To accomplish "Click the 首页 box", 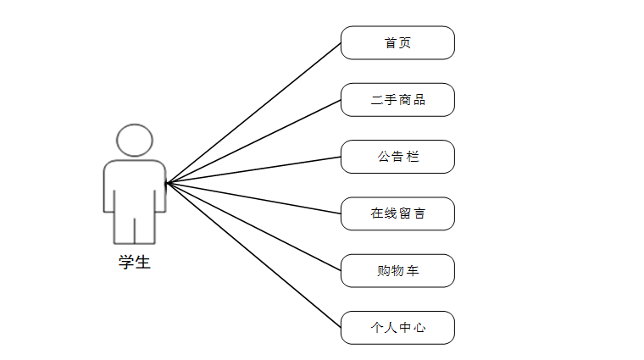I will [x=397, y=43].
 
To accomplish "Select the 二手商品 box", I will [x=397, y=100].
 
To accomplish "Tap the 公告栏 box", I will [x=397, y=157].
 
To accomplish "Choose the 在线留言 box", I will [x=397, y=213].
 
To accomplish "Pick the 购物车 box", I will [x=397, y=271].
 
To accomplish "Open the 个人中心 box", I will [x=397, y=328].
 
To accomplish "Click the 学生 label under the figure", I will [x=135, y=262].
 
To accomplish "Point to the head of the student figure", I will [x=135, y=140].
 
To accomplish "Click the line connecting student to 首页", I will [x=254, y=113].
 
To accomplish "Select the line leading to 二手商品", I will [x=254, y=141].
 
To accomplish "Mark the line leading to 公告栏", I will [x=254, y=169].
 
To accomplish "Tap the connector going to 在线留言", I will [x=254, y=198].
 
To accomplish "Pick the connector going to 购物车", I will [x=254, y=227].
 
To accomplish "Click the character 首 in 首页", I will [x=391, y=43].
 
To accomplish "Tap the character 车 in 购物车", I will [x=413, y=271].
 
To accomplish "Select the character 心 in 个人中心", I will [x=419, y=328].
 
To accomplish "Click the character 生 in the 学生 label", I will [x=142, y=262].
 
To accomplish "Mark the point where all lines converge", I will [x=167, y=183].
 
